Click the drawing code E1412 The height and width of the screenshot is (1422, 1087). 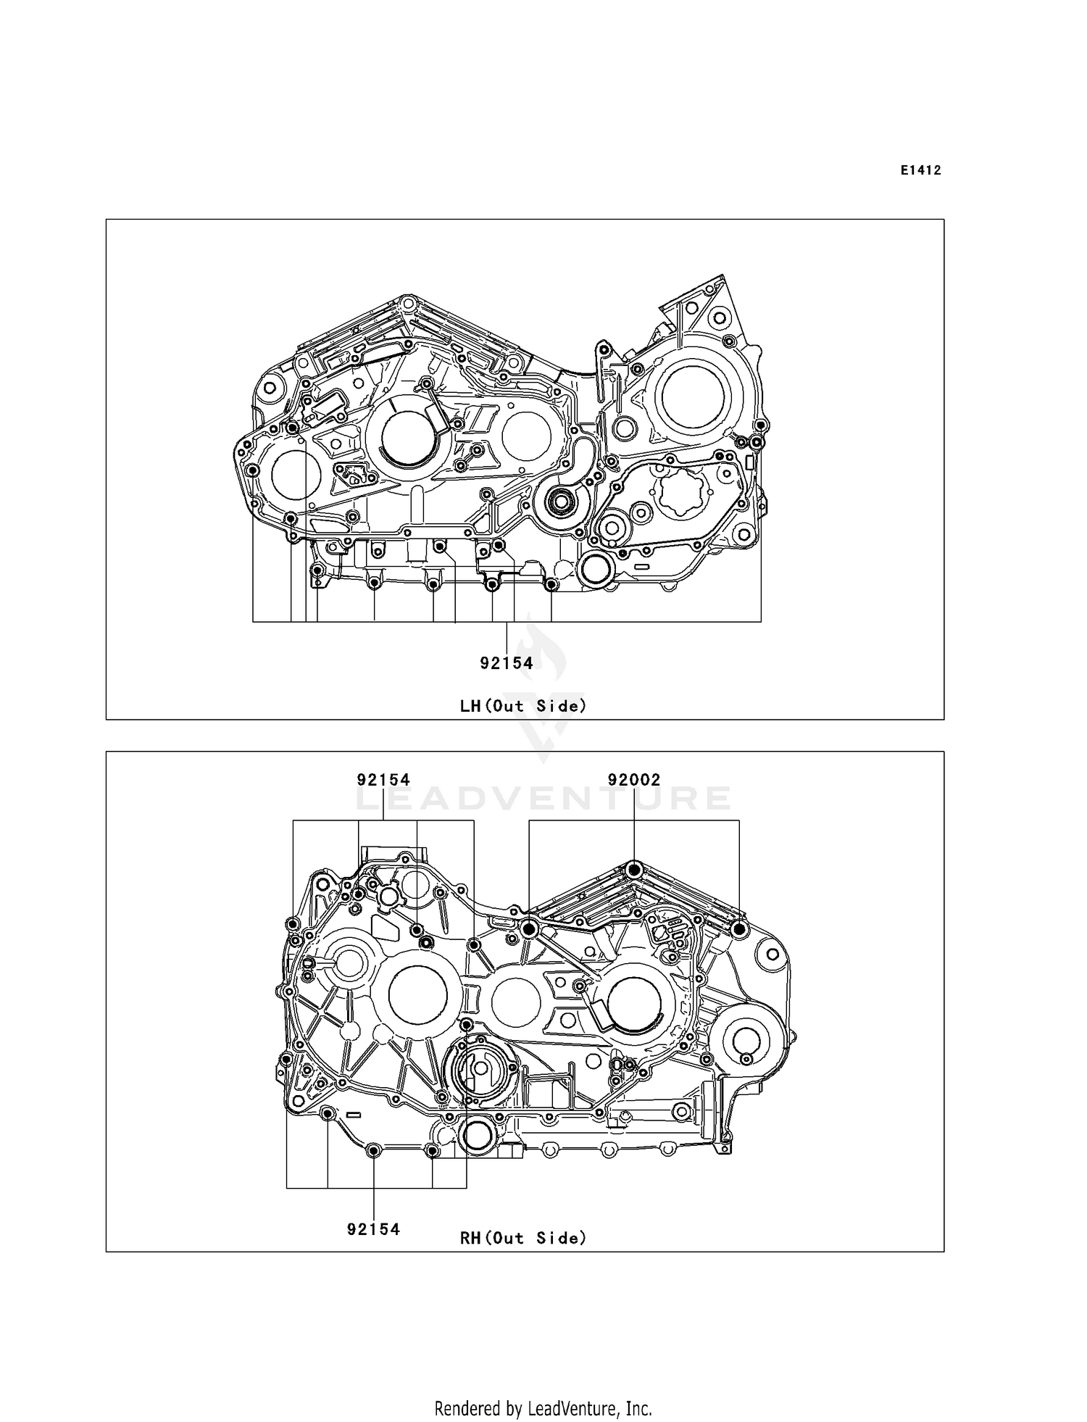pos(920,170)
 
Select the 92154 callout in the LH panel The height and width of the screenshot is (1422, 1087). pos(506,662)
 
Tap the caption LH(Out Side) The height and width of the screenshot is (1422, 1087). pos(522,705)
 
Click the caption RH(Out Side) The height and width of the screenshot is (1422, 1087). pos(522,1238)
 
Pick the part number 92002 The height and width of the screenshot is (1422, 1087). pos(633,780)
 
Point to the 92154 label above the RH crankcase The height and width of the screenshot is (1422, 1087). pos(383,780)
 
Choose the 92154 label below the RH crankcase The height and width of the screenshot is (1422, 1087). pos(373,1229)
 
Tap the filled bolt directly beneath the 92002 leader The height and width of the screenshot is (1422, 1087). pos(634,870)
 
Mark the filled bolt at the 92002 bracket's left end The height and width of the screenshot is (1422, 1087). pos(529,928)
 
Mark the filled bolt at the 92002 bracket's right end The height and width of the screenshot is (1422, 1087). pos(738,929)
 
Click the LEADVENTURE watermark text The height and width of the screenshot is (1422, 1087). pos(543,799)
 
